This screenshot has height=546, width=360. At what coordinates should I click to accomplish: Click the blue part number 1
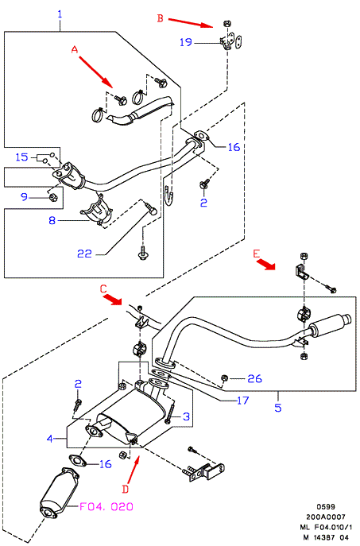(60, 14)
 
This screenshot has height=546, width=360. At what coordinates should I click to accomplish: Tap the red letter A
(75, 50)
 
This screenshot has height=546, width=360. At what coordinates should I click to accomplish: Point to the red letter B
(161, 18)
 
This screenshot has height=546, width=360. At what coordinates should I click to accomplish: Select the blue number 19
(186, 42)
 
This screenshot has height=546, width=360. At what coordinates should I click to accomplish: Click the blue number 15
(21, 157)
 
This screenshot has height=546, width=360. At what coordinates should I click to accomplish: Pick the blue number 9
(24, 197)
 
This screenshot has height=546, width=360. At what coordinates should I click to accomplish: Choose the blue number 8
(52, 220)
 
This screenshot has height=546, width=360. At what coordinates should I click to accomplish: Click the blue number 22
(84, 254)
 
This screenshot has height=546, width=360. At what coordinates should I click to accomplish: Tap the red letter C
(103, 288)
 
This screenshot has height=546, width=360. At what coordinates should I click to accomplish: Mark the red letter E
(257, 254)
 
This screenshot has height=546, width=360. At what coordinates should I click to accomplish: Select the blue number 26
(254, 378)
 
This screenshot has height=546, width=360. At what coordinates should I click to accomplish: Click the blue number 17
(242, 401)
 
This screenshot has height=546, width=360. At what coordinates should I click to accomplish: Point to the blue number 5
(278, 408)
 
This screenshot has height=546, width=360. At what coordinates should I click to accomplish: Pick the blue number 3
(187, 416)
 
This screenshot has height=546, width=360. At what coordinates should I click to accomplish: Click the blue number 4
(50, 439)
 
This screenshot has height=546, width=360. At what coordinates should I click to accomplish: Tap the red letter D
(126, 490)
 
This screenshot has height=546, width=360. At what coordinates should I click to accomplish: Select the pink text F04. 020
(106, 506)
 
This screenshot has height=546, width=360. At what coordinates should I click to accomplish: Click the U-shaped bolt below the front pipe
(169, 196)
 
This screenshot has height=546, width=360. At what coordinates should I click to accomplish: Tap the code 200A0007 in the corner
(326, 517)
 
